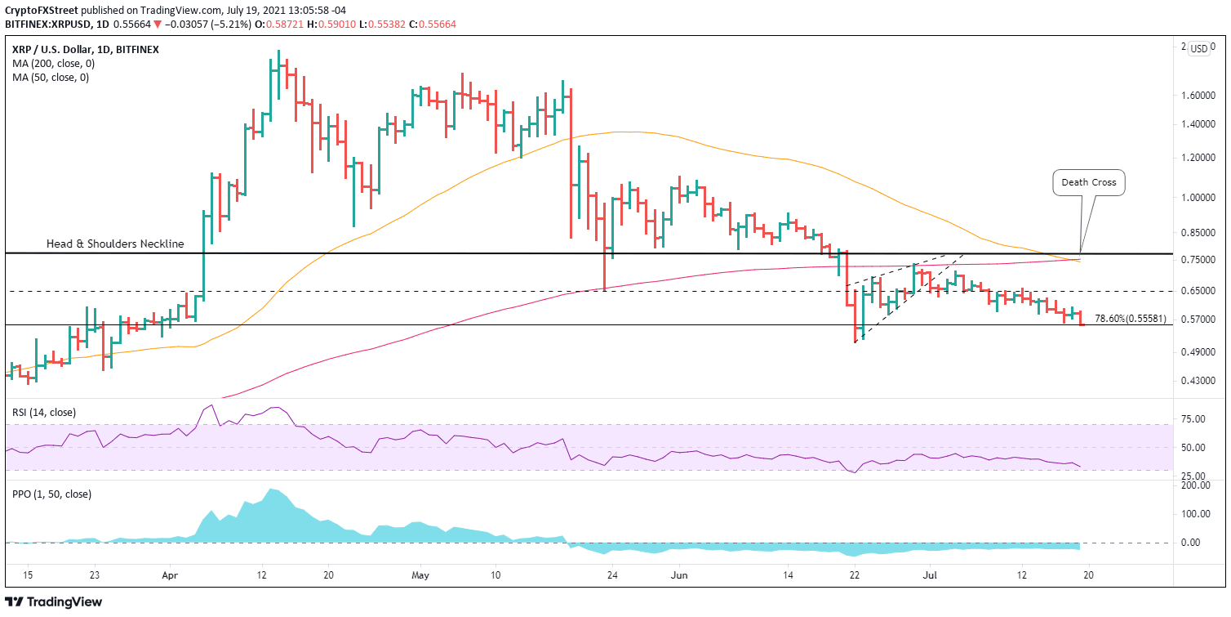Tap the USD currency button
(1198, 49)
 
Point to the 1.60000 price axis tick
(1198, 96)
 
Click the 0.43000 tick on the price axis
(1198, 381)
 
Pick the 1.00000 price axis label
(1198, 198)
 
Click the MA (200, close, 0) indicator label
(51, 64)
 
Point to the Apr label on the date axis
(170, 575)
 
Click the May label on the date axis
(420, 575)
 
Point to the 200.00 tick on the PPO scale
(1193, 485)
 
